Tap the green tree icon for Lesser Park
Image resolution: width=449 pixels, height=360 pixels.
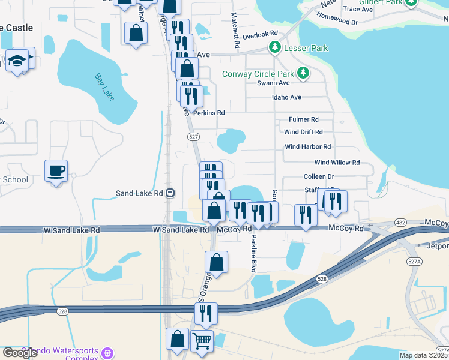coord(275,46)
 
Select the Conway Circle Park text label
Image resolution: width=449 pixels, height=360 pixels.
coord(260,74)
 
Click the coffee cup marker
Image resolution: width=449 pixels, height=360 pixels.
coord(56,171)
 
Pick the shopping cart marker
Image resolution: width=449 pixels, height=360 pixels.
coord(202,341)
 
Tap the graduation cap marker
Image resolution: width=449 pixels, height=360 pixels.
coord(18,60)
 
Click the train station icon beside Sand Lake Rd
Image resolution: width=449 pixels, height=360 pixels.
coord(170,193)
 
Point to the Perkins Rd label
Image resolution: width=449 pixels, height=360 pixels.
coord(212,112)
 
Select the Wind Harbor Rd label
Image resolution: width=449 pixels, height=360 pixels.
coord(307,146)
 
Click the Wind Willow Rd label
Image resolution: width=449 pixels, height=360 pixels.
coord(336,163)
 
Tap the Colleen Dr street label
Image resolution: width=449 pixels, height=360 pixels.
coord(318,177)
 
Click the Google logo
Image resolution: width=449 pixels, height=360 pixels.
coord(20,353)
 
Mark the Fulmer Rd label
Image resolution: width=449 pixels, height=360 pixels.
coord(303,119)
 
